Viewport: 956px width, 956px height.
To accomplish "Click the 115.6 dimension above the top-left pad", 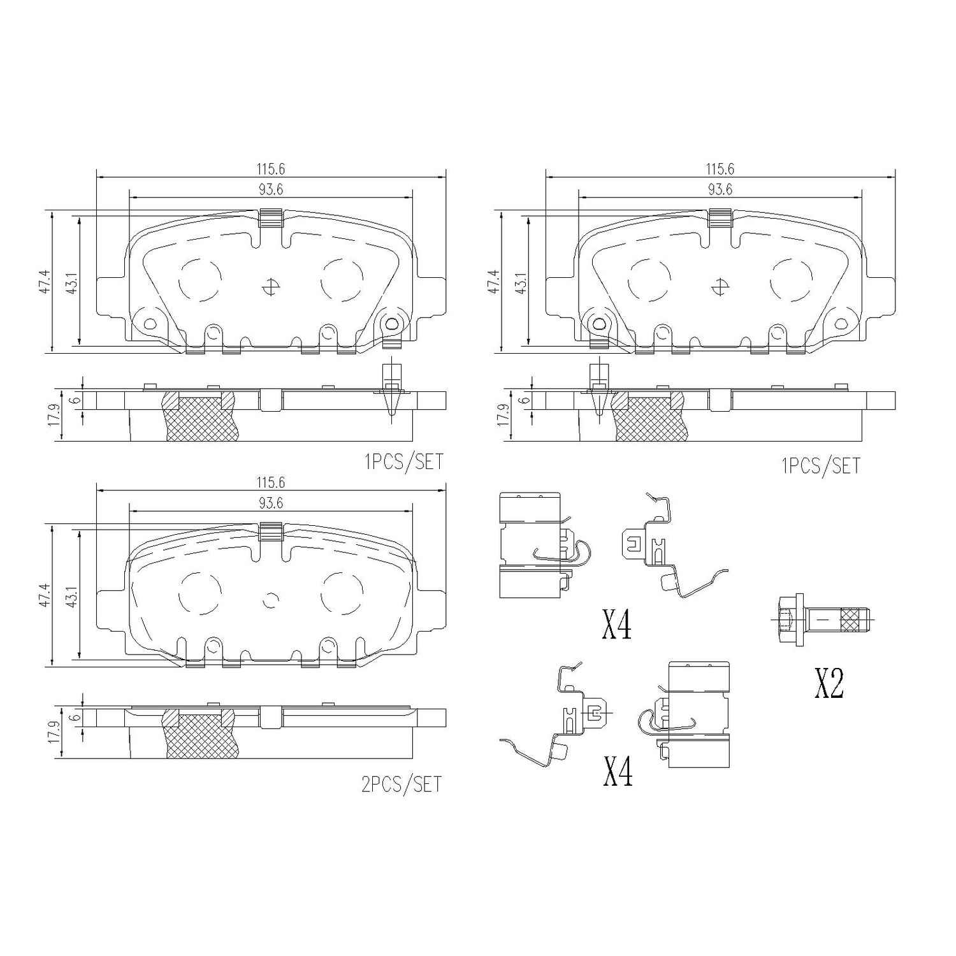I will [271, 169].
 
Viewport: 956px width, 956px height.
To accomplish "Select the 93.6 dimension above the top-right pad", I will [720, 189].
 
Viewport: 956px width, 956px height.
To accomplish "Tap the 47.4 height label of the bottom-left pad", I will [43, 595].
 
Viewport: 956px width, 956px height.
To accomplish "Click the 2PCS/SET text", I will [402, 784].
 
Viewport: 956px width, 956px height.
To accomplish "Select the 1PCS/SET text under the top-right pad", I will [820, 466].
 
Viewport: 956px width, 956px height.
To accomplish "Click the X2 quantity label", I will [829, 684].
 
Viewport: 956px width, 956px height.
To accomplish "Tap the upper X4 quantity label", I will [617, 625].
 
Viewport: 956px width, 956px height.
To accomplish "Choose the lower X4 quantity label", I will [617, 772].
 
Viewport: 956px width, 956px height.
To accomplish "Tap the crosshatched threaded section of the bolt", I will [850, 618].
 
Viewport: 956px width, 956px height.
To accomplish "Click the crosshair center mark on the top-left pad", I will [270, 288].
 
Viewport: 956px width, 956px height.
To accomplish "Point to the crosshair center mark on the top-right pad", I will [720, 288].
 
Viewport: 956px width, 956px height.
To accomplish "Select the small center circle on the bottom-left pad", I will [271, 600].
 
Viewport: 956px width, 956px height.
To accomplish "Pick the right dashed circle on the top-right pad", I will [792, 280].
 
